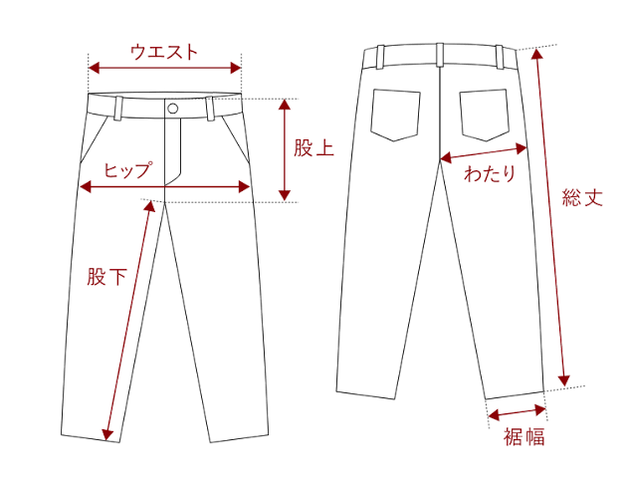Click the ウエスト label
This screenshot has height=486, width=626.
[164, 52]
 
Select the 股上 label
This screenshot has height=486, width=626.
[313, 149]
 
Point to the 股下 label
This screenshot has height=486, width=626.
[106, 277]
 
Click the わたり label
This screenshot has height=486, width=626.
[490, 174]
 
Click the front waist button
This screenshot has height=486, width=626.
[173, 108]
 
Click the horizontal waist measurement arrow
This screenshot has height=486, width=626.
[164, 69]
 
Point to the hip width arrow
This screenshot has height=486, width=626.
[164, 186]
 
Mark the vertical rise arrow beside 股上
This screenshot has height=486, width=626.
[285, 149]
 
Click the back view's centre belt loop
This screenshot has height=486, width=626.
[439, 57]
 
